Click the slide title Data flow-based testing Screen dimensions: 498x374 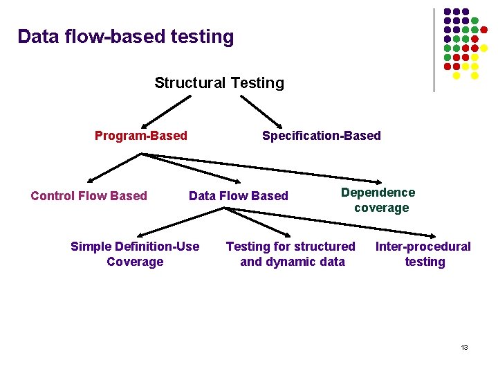pos(126,37)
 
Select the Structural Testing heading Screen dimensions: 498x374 pos(219,83)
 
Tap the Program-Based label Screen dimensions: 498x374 pos(140,136)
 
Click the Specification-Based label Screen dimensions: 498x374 pos(321,136)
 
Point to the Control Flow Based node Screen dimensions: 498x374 pos(89,196)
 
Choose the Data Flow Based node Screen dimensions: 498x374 pos(238,196)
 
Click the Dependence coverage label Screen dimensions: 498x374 pos(379,200)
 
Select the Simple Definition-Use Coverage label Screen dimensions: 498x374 pos(135,254)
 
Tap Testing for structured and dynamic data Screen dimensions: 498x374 pos(291,254)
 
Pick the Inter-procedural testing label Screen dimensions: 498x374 pos(423,254)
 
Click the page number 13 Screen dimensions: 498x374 pos(464,347)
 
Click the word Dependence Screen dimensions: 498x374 pos(378,193)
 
